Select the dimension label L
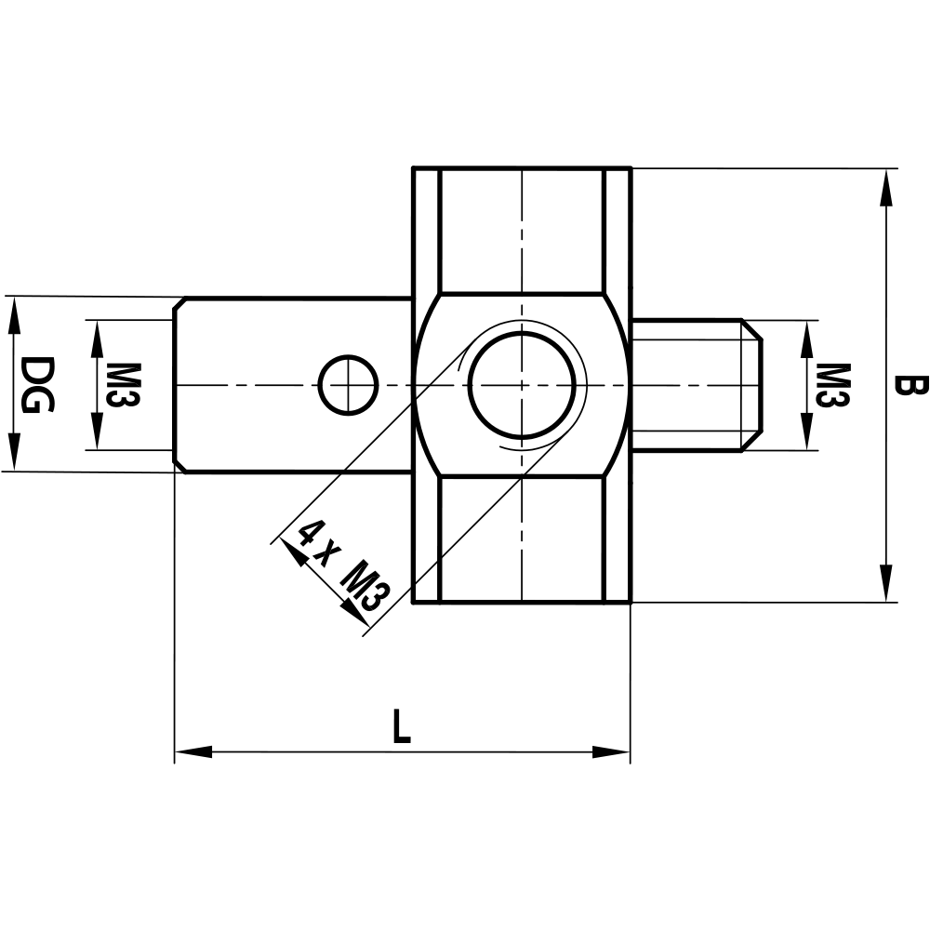[x=400, y=727]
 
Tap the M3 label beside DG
[x=127, y=384]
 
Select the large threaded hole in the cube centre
[x=524, y=383]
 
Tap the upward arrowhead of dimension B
[x=886, y=186]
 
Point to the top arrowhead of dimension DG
[x=13, y=314]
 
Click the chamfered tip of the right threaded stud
[x=752, y=385]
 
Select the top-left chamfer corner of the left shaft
[x=180, y=303]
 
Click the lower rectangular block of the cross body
[x=522, y=539]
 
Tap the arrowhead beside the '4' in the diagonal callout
[x=293, y=553]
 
